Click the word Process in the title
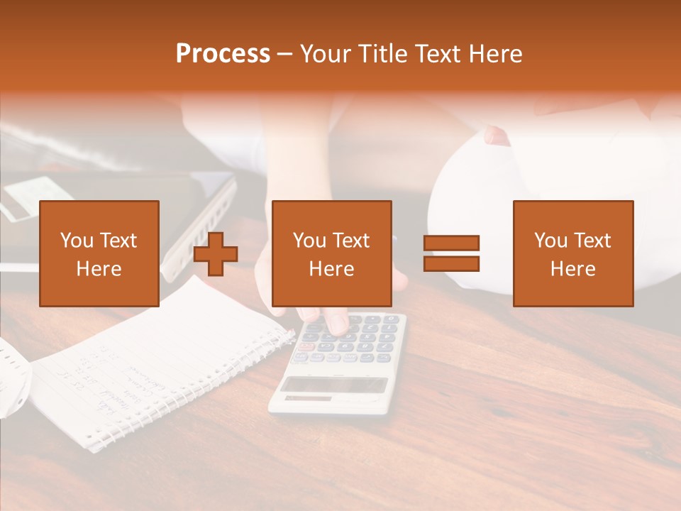(x=223, y=54)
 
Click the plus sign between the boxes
(x=216, y=254)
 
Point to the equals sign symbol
(x=451, y=253)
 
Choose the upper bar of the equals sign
(x=451, y=243)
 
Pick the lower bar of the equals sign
(x=451, y=263)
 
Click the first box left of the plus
(x=99, y=253)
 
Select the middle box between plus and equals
(x=331, y=253)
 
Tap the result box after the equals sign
(x=572, y=253)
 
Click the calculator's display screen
(x=335, y=385)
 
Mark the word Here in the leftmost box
(x=99, y=269)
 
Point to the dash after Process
(x=285, y=54)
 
